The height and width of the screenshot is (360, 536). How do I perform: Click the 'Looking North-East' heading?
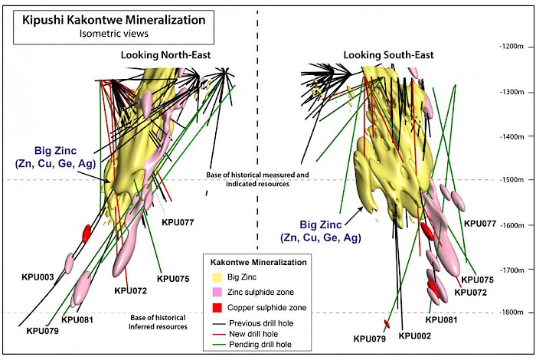165,55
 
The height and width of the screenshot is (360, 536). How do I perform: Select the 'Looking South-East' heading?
388,55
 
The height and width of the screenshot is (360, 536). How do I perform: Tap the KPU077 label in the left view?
178,223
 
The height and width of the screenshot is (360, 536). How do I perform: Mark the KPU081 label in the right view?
441,319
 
